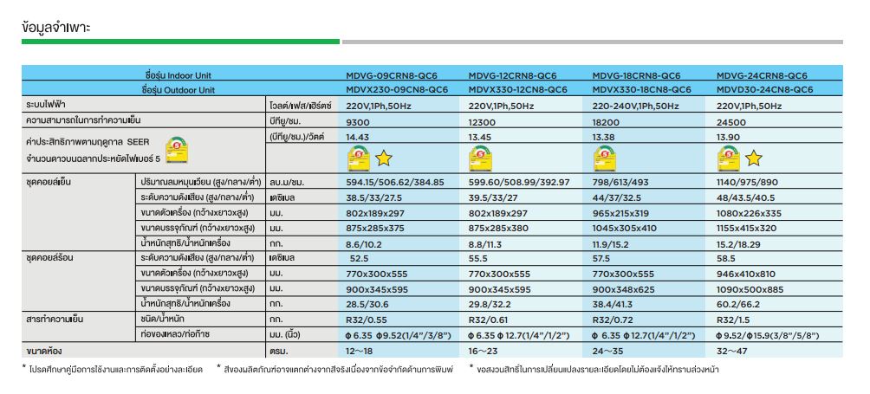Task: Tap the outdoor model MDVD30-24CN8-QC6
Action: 765,89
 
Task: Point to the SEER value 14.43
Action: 358,138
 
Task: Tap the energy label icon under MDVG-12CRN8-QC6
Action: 480,158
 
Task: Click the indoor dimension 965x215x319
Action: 620,212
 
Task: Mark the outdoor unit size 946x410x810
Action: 751,274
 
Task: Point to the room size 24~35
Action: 610,352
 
